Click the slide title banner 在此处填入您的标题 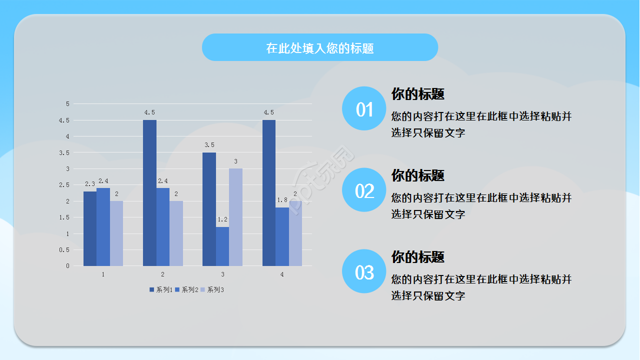(320, 48)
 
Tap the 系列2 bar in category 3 (222, 246)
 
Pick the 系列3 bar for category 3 (235, 217)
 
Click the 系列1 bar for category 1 (90, 228)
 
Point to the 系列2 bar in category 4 (282, 236)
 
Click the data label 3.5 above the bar (209, 145)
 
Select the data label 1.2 (222, 219)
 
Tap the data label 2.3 (90, 184)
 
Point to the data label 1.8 (282, 200)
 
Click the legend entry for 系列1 (161, 289)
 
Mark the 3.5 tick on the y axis (65, 152)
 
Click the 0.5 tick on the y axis (65, 250)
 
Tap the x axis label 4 (282, 274)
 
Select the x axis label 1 (103, 274)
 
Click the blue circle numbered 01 (364, 108)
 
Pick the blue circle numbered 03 (364, 271)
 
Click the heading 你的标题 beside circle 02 (418, 175)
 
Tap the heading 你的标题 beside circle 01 (418, 94)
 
